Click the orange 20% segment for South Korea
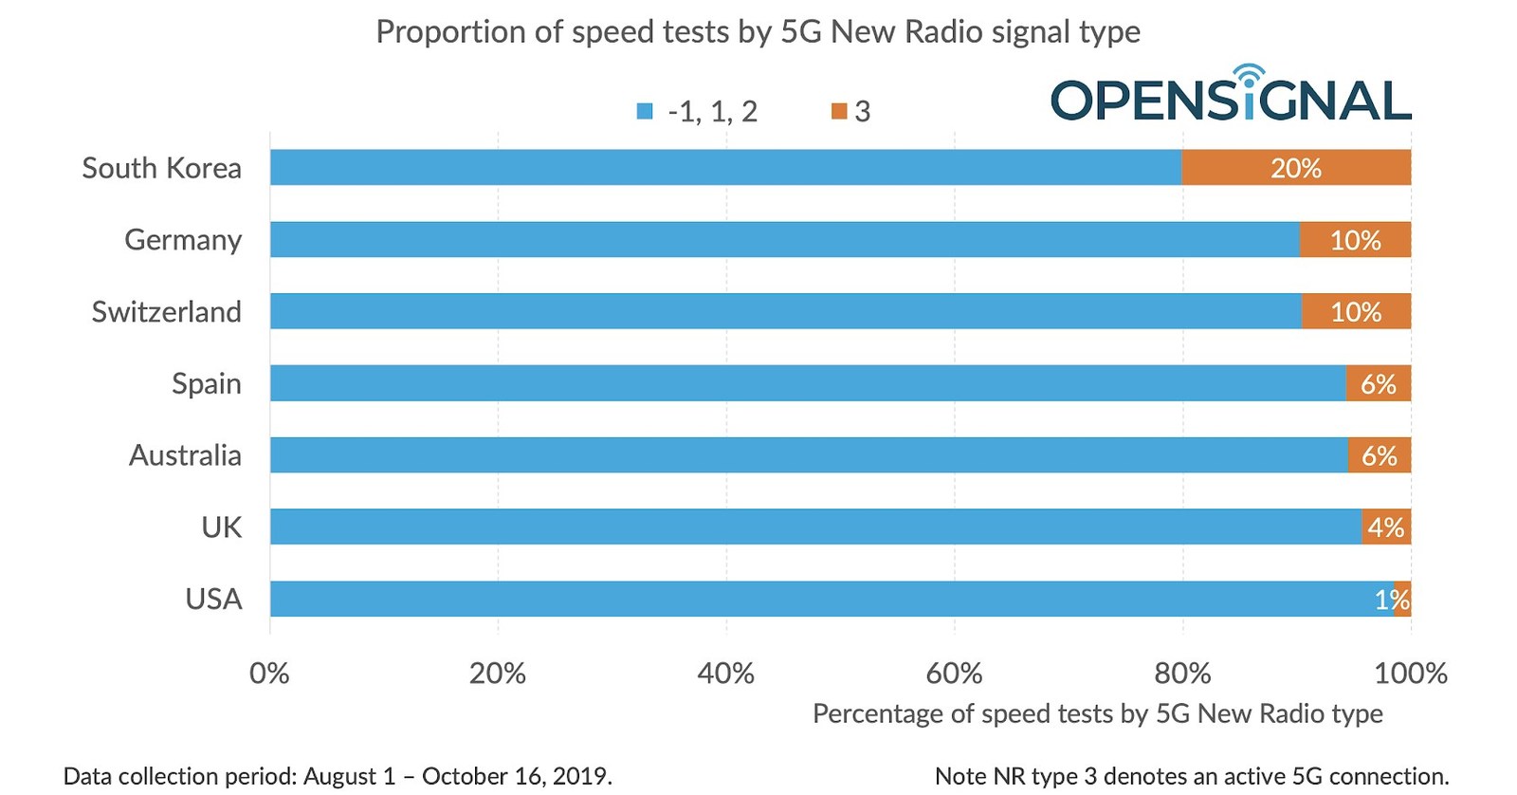click(1295, 168)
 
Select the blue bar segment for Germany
click(784, 240)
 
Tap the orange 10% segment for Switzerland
click(1356, 312)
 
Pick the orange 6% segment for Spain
click(1378, 383)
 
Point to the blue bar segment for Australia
click(808, 455)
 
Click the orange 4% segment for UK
click(1386, 527)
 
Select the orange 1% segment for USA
click(1402, 600)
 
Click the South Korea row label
click(161, 168)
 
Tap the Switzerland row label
click(166, 312)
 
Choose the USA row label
click(213, 600)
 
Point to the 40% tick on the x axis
click(725, 674)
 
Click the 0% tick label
click(269, 674)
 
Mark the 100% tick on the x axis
click(1410, 674)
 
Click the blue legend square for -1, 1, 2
click(645, 112)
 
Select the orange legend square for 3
click(838, 112)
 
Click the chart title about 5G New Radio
click(758, 32)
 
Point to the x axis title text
click(1097, 713)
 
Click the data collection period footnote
click(338, 776)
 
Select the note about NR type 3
click(1191, 776)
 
